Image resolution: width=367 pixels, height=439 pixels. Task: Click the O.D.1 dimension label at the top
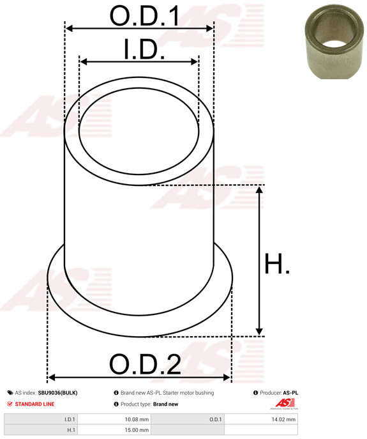[x=144, y=16]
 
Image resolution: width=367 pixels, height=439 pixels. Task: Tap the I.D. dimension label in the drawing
[x=144, y=49]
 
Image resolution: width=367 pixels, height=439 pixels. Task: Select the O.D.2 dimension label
[x=145, y=364]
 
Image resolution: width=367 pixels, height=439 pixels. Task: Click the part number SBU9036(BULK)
[x=57, y=393]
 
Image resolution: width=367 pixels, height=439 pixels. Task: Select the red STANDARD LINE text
[x=34, y=404]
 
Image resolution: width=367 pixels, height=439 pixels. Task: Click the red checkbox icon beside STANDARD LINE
[x=10, y=404]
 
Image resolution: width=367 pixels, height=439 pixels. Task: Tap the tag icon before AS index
[x=10, y=393]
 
